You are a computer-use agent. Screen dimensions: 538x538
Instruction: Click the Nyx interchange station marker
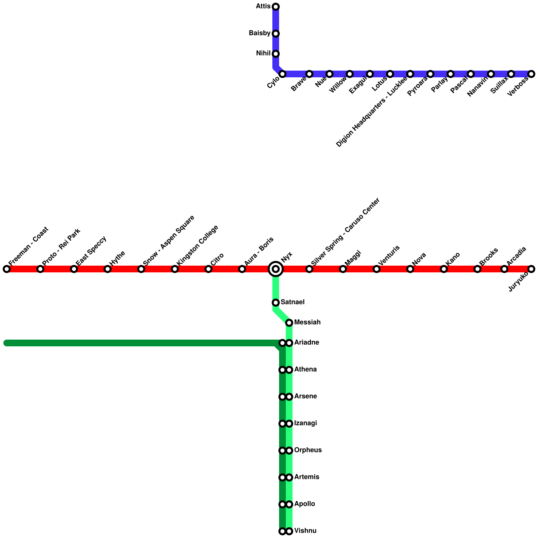coord(276,269)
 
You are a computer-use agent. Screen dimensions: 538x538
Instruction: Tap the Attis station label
coord(263,6)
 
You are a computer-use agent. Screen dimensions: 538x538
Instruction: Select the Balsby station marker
coord(276,34)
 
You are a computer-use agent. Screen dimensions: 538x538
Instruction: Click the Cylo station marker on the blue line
coord(282,74)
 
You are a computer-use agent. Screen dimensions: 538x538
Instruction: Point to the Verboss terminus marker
coord(531,74)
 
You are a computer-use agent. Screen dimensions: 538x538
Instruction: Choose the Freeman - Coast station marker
coord(7,269)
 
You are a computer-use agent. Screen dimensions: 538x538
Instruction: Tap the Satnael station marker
coord(276,303)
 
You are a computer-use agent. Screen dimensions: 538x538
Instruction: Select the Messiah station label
coord(307,322)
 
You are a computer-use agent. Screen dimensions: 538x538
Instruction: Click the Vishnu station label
coord(305,531)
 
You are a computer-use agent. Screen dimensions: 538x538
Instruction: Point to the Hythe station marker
coord(108,269)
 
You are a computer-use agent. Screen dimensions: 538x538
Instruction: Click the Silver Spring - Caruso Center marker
coord(309,269)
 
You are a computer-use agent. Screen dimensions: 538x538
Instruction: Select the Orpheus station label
coord(308,450)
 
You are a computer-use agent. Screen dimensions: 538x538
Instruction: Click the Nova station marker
coord(410,269)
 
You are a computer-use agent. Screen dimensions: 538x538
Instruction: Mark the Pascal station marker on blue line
coord(471,74)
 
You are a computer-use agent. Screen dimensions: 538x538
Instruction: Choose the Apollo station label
coord(305,504)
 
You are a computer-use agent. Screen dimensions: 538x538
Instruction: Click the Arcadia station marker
coord(504,269)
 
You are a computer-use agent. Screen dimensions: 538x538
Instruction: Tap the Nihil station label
coord(263,53)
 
